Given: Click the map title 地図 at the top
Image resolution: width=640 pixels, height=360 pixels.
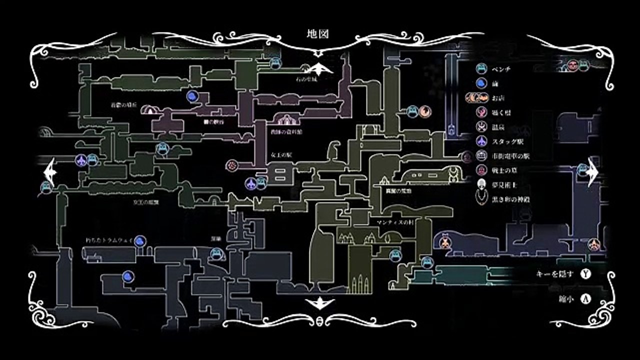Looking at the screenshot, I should pos(317,33).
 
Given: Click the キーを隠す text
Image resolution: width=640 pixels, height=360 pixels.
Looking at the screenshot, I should pos(554,273).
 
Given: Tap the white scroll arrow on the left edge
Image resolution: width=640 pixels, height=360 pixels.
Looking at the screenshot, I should pos(50,172).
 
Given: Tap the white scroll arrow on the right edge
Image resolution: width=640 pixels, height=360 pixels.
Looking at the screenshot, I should pos(592,172).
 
